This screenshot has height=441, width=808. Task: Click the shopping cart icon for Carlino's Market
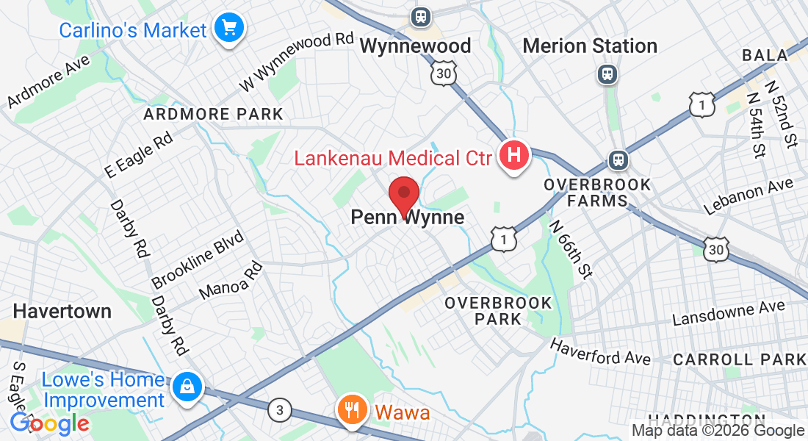point(229,29)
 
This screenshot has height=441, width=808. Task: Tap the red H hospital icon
point(514,156)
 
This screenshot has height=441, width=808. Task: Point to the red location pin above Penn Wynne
point(403,196)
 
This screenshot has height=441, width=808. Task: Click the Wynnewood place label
point(415,46)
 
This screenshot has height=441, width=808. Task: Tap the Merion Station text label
point(589,46)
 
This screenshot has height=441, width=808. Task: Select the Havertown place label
point(62,311)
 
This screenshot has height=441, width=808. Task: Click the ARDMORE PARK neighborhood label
point(213,114)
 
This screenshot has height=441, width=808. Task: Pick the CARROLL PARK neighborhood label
point(739,359)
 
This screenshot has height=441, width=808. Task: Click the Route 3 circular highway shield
point(278,409)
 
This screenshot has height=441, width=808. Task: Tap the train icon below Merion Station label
point(607,73)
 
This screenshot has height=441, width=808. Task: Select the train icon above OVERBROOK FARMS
point(618,159)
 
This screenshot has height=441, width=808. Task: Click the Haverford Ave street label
point(600,351)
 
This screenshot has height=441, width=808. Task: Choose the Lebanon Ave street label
point(749,196)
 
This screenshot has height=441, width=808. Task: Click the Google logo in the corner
point(49,423)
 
